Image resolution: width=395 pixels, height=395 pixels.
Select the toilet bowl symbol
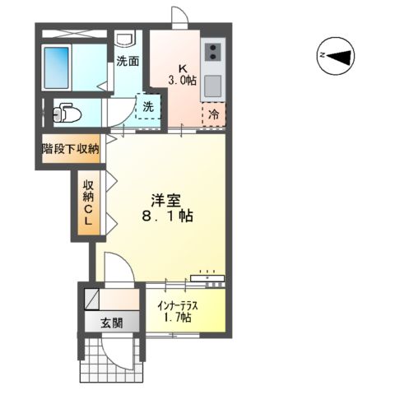tap(63, 111)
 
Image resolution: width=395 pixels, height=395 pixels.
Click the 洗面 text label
tap(127, 60)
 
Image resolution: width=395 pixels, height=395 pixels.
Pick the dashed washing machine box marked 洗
tap(147, 107)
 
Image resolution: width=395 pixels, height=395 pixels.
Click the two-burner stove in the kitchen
tap(212, 53)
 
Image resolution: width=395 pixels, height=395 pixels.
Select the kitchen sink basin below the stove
tap(213, 85)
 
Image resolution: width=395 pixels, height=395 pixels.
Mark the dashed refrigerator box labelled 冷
tap(212, 112)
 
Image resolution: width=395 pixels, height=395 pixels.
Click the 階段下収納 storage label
tap(71, 149)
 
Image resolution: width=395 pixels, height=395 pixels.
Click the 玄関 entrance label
tap(112, 322)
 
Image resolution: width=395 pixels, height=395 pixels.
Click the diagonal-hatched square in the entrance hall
tap(91, 298)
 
